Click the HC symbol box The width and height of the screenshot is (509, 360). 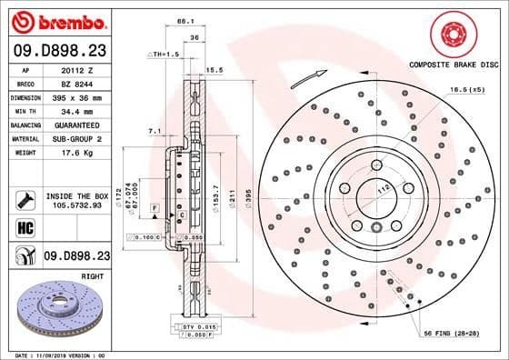(x=22, y=226)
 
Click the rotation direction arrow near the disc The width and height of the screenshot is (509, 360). (x=307, y=79)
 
